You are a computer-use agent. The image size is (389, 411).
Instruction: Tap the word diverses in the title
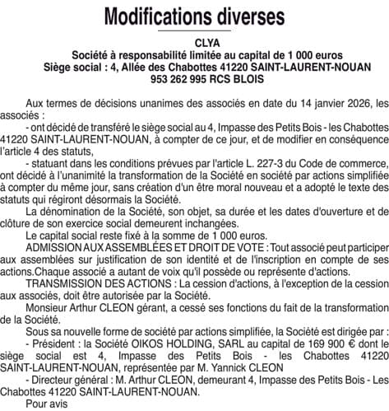249,16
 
